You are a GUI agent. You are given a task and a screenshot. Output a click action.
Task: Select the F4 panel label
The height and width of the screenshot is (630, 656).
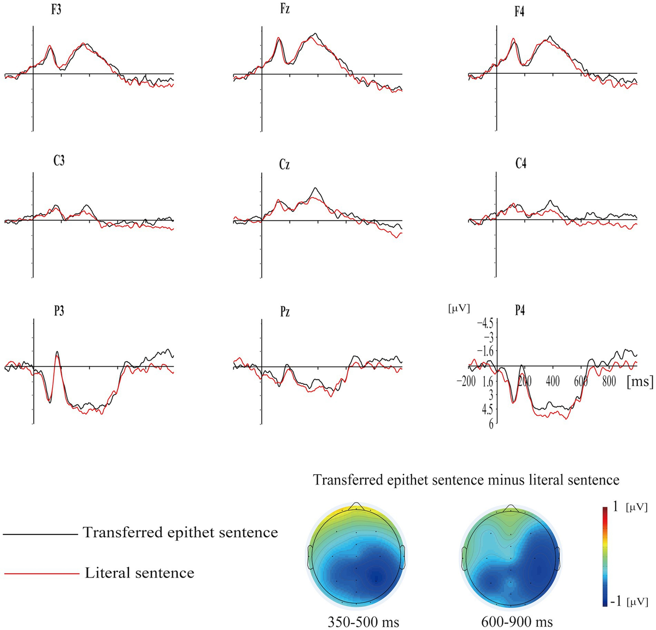[519, 11]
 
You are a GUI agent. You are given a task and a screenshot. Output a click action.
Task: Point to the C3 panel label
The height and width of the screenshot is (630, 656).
[59, 161]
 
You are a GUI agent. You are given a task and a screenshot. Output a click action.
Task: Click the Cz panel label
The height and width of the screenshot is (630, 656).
[284, 164]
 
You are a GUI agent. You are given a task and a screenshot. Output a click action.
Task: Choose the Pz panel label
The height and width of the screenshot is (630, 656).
[284, 313]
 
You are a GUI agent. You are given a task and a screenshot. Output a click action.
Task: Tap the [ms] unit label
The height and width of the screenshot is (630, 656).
[640, 381]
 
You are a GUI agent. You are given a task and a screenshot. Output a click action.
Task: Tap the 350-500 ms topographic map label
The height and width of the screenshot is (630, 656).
[362, 621]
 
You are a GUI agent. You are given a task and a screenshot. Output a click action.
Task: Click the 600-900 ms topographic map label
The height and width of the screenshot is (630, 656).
[517, 621]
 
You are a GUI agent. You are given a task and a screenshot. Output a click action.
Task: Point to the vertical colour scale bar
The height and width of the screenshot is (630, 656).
[605, 556]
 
